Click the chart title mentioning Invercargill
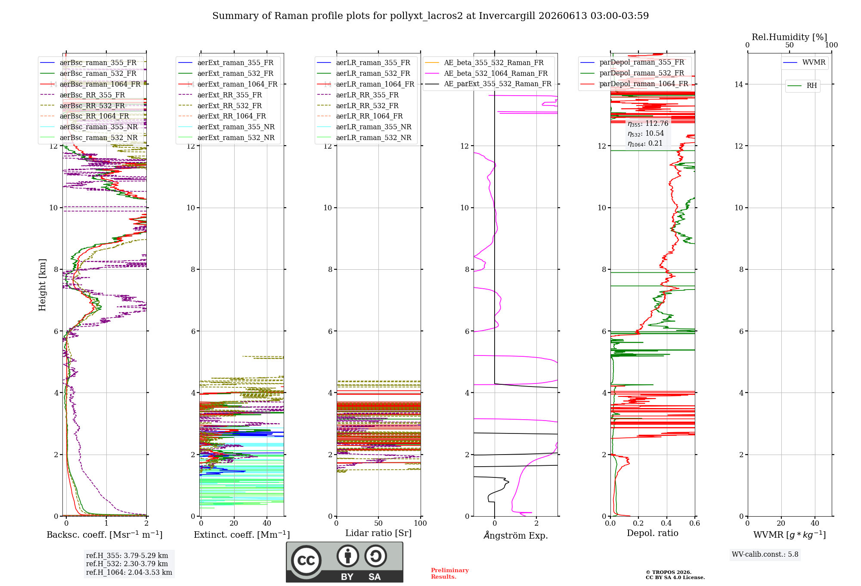[x=430, y=16]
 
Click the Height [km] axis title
[x=42, y=285]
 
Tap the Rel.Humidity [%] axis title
[x=789, y=37]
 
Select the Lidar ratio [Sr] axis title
[x=378, y=533]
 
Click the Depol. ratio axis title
[x=653, y=533]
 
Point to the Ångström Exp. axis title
[x=516, y=535]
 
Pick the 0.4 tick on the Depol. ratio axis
[x=666, y=523]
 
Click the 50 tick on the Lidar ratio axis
[x=378, y=523]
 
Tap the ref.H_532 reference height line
[x=127, y=564]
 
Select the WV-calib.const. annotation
[x=765, y=555]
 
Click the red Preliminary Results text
[x=450, y=574]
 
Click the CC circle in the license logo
[x=306, y=560]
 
